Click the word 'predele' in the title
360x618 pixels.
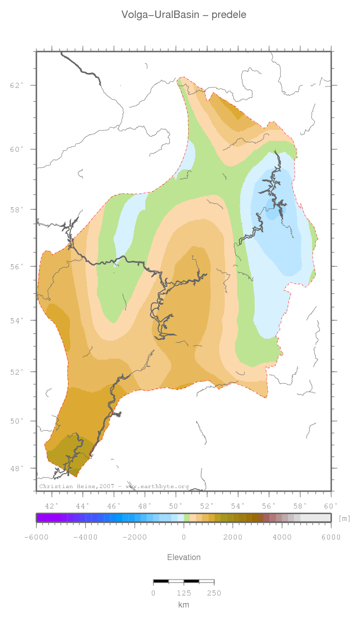[229, 15]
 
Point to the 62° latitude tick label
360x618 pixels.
[17, 85]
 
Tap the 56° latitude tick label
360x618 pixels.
[17, 267]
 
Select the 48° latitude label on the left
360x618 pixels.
[17, 469]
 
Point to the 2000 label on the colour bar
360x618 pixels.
[233, 537]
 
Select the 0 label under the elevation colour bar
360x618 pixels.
[184, 537]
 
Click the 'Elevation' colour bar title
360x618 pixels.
[184, 557]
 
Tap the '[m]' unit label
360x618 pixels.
[345, 518]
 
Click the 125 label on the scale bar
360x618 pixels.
[184, 593]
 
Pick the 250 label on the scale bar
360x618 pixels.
[214, 593]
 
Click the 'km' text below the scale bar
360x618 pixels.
[184, 605]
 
